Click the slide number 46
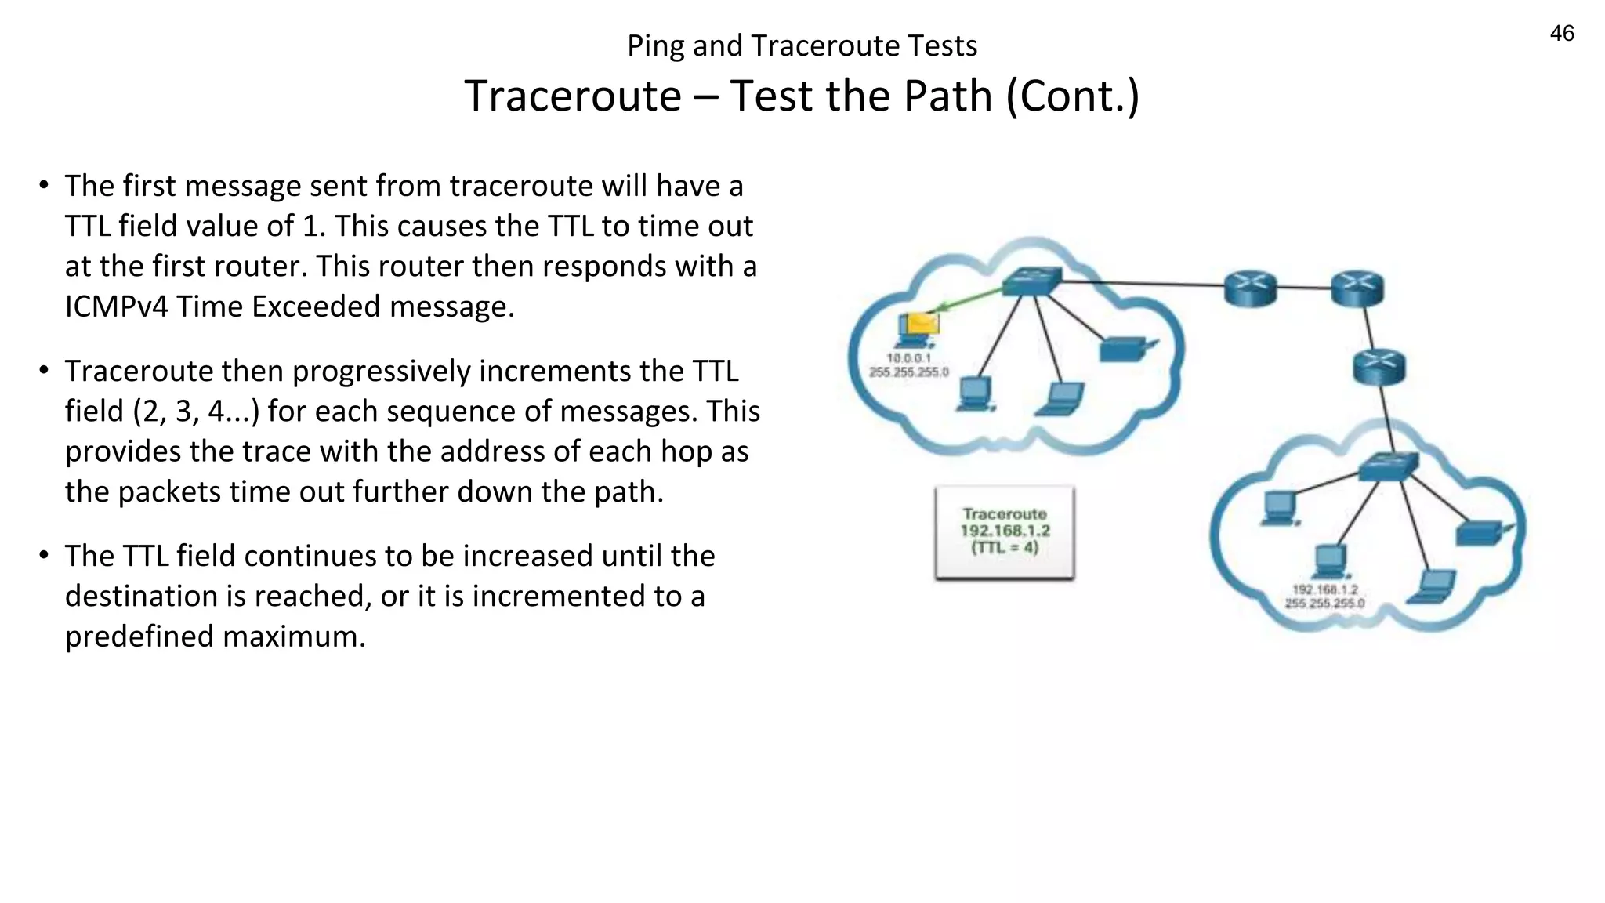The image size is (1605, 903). click(x=1561, y=34)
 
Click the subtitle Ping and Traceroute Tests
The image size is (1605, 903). click(x=802, y=46)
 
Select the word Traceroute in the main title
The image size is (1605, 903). click(x=573, y=96)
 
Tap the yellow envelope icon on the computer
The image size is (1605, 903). click(x=921, y=323)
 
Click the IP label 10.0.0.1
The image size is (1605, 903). click(x=908, y=358)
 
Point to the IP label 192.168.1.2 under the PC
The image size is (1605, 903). click(x=1324, y=589)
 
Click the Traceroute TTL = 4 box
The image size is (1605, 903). click(x=1005, y=532)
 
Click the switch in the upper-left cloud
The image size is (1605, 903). click(x=1032, y=281)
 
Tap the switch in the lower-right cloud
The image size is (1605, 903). click(x=1388, y=466)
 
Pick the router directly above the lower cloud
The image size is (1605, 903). click(x=1379, y=366)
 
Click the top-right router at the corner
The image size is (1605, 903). click(x=1357, y=288)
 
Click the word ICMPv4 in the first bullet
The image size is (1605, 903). click(x=116, y=306)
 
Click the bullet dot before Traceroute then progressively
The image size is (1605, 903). click(x=45, y=370)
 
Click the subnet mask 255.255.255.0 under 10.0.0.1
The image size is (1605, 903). click(x=908, y=372)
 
